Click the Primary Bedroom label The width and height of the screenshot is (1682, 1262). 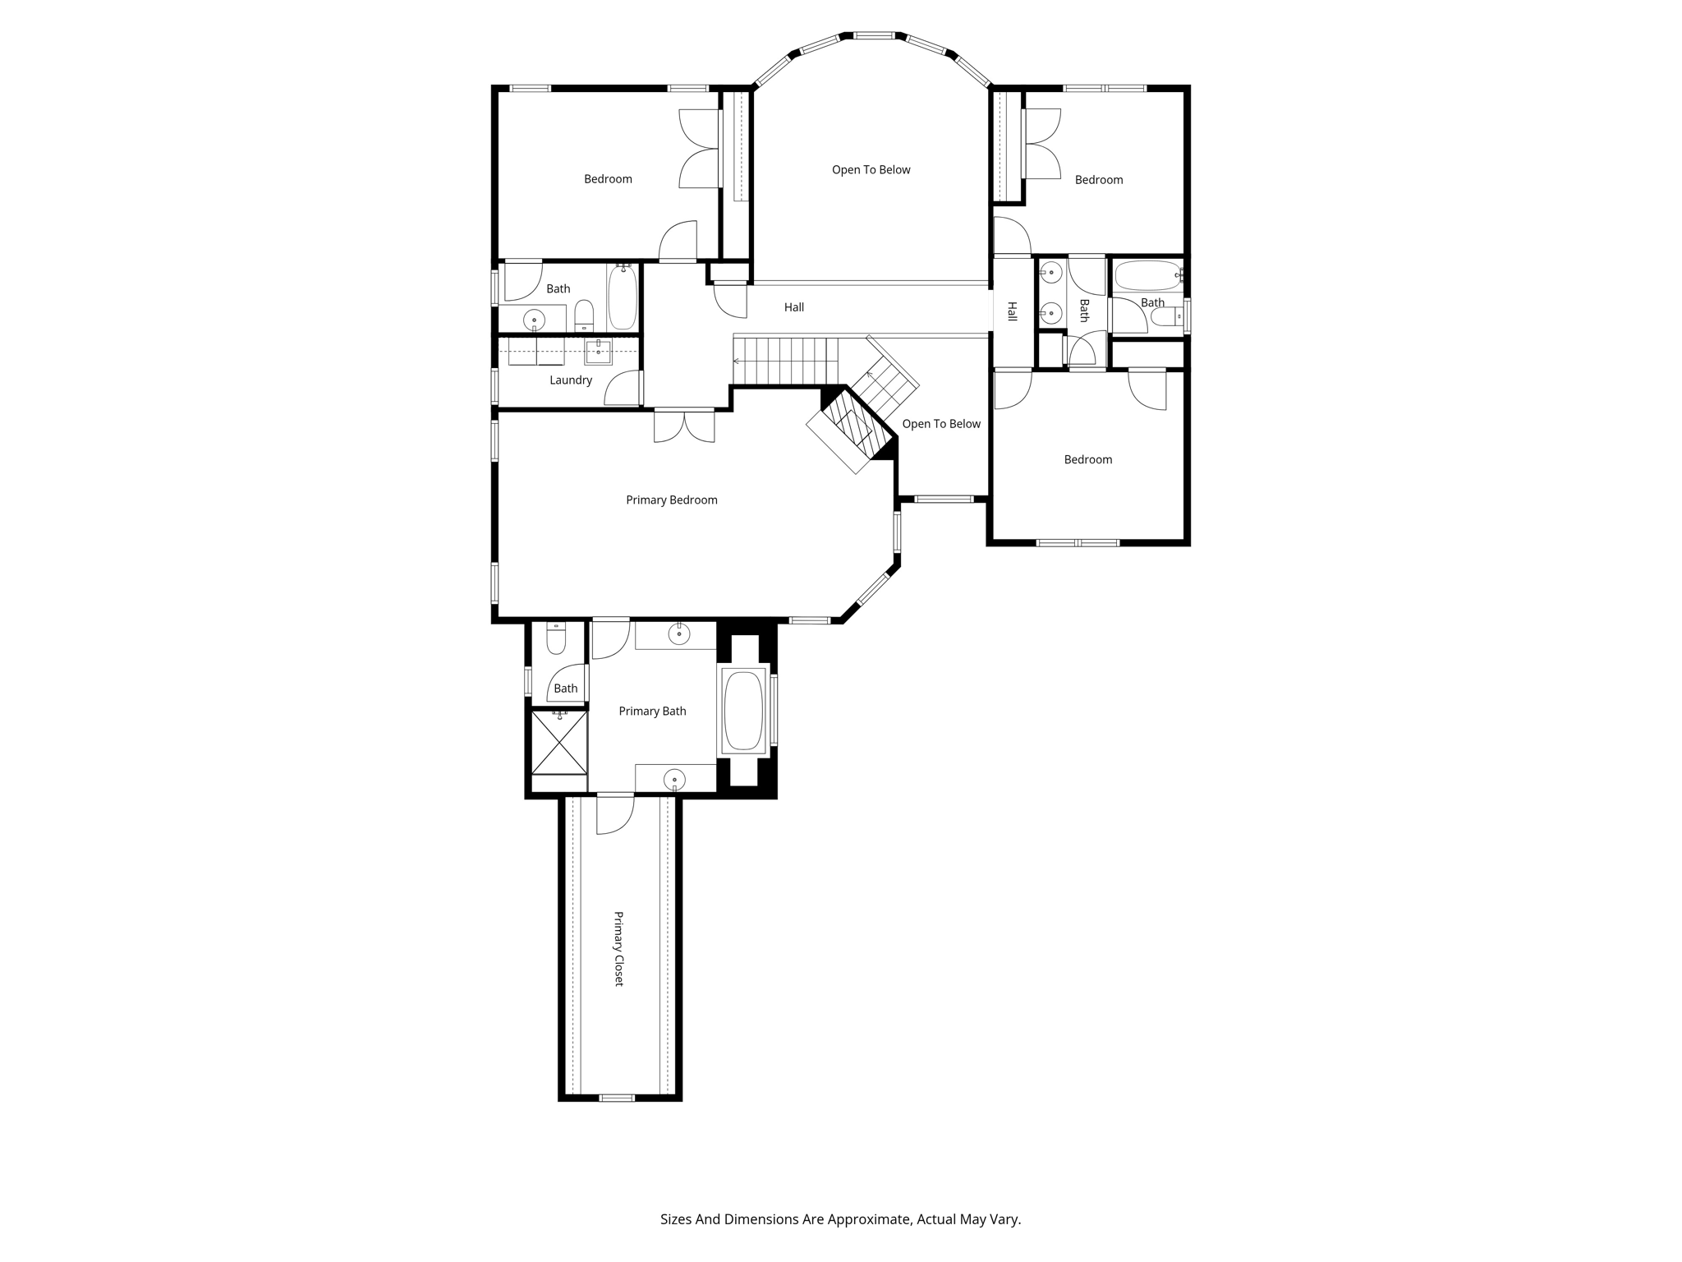coord(671,500)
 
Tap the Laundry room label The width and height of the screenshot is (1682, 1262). coord(570,380)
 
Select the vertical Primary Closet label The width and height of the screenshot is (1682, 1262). coord(619,948)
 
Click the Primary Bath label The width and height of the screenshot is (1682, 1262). coord(652,711)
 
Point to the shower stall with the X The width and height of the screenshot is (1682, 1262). coord(559,742)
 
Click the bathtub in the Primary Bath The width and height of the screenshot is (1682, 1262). coord(744,712)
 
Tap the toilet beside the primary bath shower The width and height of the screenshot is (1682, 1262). coord(556,638)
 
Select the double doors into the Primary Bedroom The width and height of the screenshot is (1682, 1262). coord(684,426)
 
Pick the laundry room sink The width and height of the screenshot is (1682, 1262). coord(598,352)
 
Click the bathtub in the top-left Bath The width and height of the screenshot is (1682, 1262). coord(623,297)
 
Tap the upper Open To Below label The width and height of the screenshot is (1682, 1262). coord(871,169)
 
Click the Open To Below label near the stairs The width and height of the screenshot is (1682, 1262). coord(941,423)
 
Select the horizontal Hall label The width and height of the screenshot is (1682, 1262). coord(793,306)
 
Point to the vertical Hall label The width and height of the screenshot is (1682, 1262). coord(1012,311)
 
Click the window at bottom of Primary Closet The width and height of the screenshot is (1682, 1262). coord(616,1098)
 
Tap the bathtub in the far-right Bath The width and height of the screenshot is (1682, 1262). coord(1147,276)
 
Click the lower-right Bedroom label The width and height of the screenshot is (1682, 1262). coord(1087,459)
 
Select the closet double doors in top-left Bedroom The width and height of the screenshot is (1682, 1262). coord(700,149)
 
